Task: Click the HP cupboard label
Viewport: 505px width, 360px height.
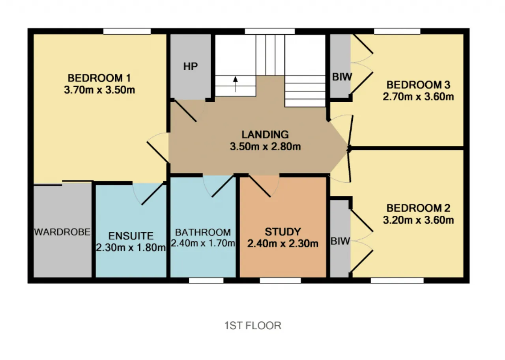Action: [191, 67]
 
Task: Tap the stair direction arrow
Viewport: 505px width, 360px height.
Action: [236, 84]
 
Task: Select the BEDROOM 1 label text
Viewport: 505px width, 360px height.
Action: [99, 78]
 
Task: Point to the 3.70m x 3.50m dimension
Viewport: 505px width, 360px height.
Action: [99, 90]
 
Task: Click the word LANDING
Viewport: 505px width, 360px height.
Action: [265, 134]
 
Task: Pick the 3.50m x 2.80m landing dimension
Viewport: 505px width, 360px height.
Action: [266, 146]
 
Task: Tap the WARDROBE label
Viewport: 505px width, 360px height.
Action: [62, 232]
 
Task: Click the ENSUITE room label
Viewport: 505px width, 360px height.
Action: [131, 236]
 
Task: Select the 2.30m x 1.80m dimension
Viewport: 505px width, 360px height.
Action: [131, 248]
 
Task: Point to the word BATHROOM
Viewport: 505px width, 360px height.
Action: [203, 232]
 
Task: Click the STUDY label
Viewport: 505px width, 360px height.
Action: [283, 231]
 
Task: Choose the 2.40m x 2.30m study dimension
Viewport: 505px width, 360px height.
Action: [283, 244]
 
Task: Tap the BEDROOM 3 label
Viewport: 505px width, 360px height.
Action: [419, 85]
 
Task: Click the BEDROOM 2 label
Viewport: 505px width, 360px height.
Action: [419, 208]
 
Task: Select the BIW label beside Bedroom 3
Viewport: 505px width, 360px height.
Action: [342, 77]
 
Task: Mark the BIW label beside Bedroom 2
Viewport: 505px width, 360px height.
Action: [340, 241]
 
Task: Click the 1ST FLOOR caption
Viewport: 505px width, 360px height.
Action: [253, 326]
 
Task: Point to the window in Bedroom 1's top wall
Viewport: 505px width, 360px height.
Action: [127, 31]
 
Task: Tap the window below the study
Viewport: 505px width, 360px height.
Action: [280, 280]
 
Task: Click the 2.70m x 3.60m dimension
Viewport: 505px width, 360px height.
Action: [419, 97]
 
